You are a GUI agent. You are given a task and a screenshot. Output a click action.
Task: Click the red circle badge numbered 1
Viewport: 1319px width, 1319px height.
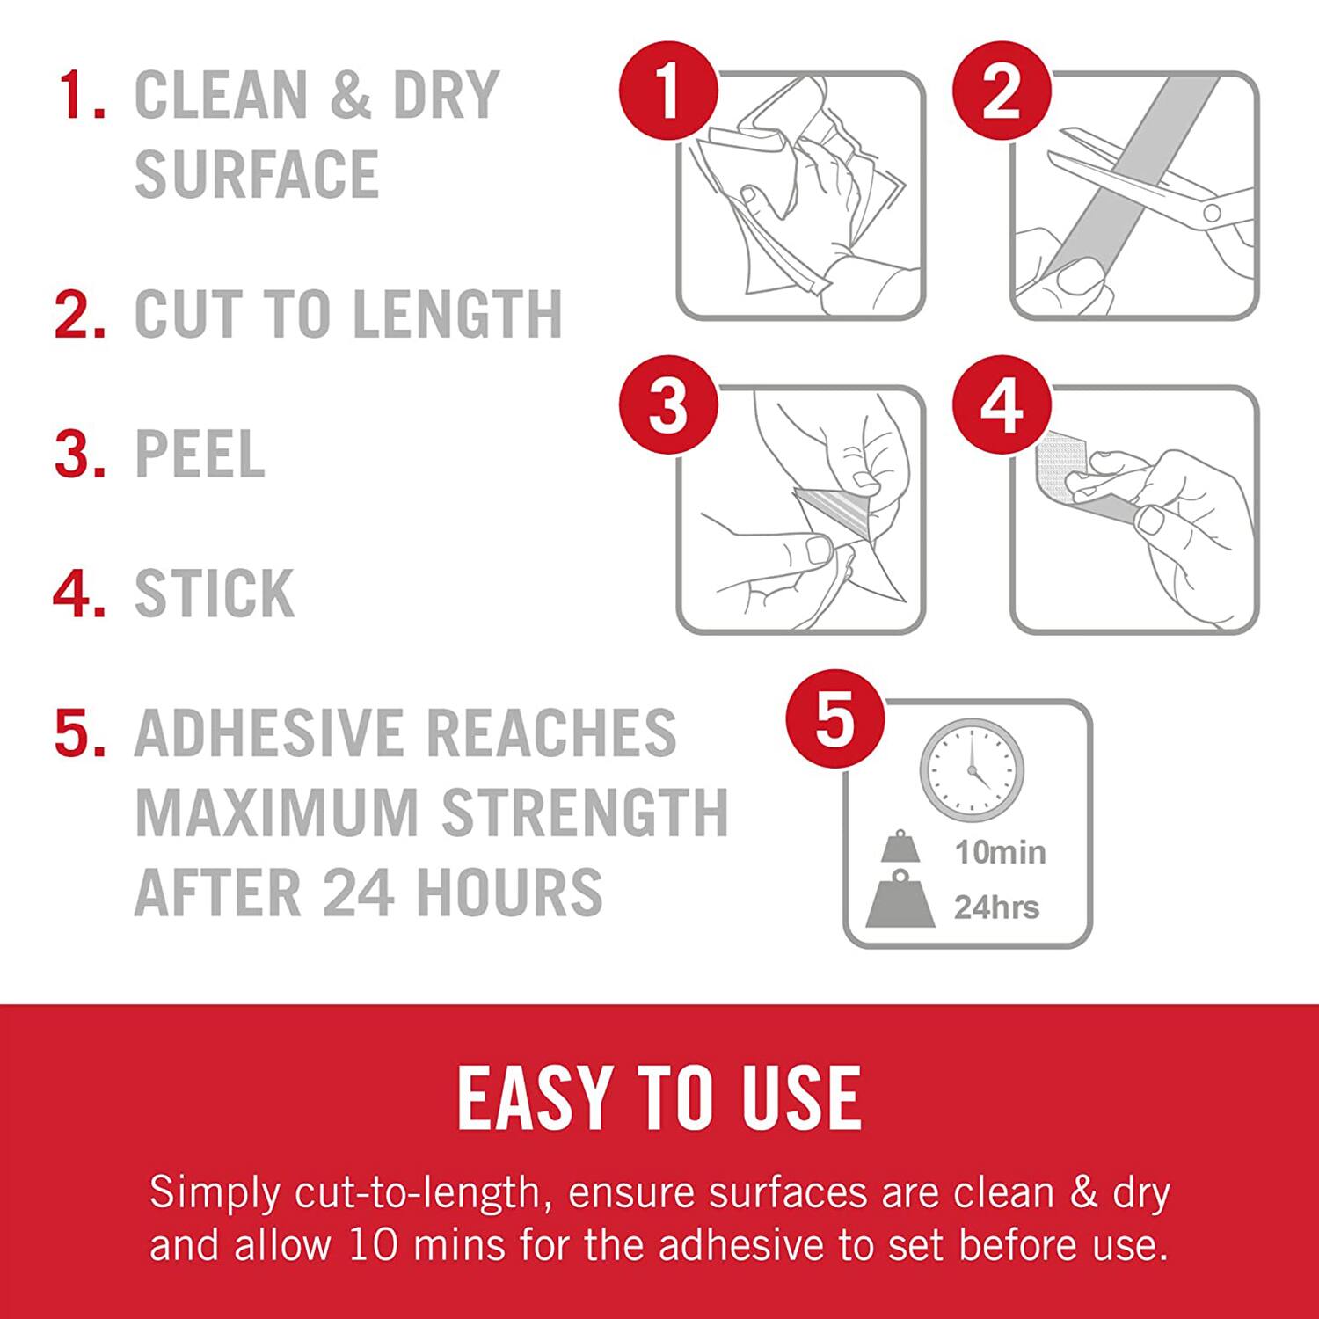tap(668, 91)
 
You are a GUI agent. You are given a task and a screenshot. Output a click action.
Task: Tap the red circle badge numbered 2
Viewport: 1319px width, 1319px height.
tap(1002, 91)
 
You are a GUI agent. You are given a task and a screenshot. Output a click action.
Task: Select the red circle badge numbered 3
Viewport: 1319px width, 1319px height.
tap(668, 405)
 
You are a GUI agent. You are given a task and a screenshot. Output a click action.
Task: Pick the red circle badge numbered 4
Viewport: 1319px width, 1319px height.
tap(1002, 405)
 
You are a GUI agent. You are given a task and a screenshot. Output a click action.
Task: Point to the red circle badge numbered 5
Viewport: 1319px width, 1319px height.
tap(834, 718)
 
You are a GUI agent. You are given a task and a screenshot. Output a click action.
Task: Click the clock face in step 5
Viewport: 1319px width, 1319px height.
tap(972, 770)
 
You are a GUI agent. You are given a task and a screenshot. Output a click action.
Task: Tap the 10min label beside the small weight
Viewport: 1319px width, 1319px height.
tap(1000, 852)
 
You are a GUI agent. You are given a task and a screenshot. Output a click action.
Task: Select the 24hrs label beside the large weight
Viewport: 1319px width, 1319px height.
tap(996, 907)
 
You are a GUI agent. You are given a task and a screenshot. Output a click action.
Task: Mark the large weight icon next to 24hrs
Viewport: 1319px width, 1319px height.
tap(900, 900)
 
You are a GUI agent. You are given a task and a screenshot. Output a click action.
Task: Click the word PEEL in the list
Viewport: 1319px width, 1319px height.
tap(200, 455)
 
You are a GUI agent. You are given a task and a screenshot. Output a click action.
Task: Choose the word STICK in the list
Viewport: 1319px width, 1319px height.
tap(214, 594)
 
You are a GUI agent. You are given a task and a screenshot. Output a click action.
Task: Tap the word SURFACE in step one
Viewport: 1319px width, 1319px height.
tap(256, 174)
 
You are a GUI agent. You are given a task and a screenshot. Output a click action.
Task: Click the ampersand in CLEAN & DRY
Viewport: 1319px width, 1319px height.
tap(350, 95)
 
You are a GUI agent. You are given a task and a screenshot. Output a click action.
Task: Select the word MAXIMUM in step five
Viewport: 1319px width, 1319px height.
tap(276, 812)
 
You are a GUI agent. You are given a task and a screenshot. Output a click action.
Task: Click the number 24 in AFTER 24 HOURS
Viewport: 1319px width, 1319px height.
tap(357, 892)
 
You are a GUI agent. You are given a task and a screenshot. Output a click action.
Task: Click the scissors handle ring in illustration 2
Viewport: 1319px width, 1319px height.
tap(1212, 212)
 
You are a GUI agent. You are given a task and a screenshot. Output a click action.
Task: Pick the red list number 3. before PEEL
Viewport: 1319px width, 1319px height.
tap(79, 455)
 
